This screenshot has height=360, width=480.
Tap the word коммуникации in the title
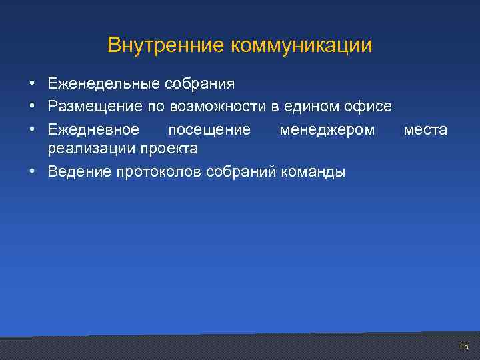(301, 45)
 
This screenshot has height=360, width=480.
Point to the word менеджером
(327, 129)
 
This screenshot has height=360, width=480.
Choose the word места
(425, 129)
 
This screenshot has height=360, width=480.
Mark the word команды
(315, 172)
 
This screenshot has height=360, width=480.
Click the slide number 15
(464, 345)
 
